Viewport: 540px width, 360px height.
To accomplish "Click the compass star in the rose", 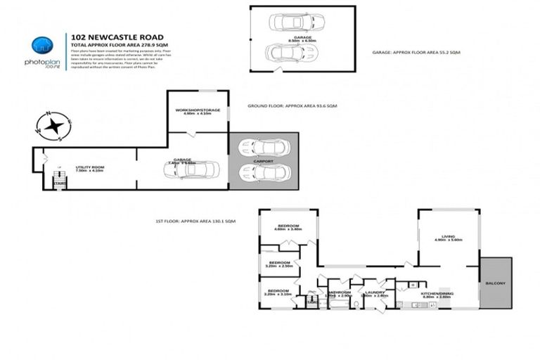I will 53,127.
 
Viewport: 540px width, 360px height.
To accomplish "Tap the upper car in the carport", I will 264,147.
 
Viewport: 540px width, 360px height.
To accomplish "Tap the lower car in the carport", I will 264,172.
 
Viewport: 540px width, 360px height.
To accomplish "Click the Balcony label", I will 495,283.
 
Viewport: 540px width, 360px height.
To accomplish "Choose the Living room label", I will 448,236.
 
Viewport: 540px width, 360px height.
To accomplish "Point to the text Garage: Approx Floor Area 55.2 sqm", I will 416,53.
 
